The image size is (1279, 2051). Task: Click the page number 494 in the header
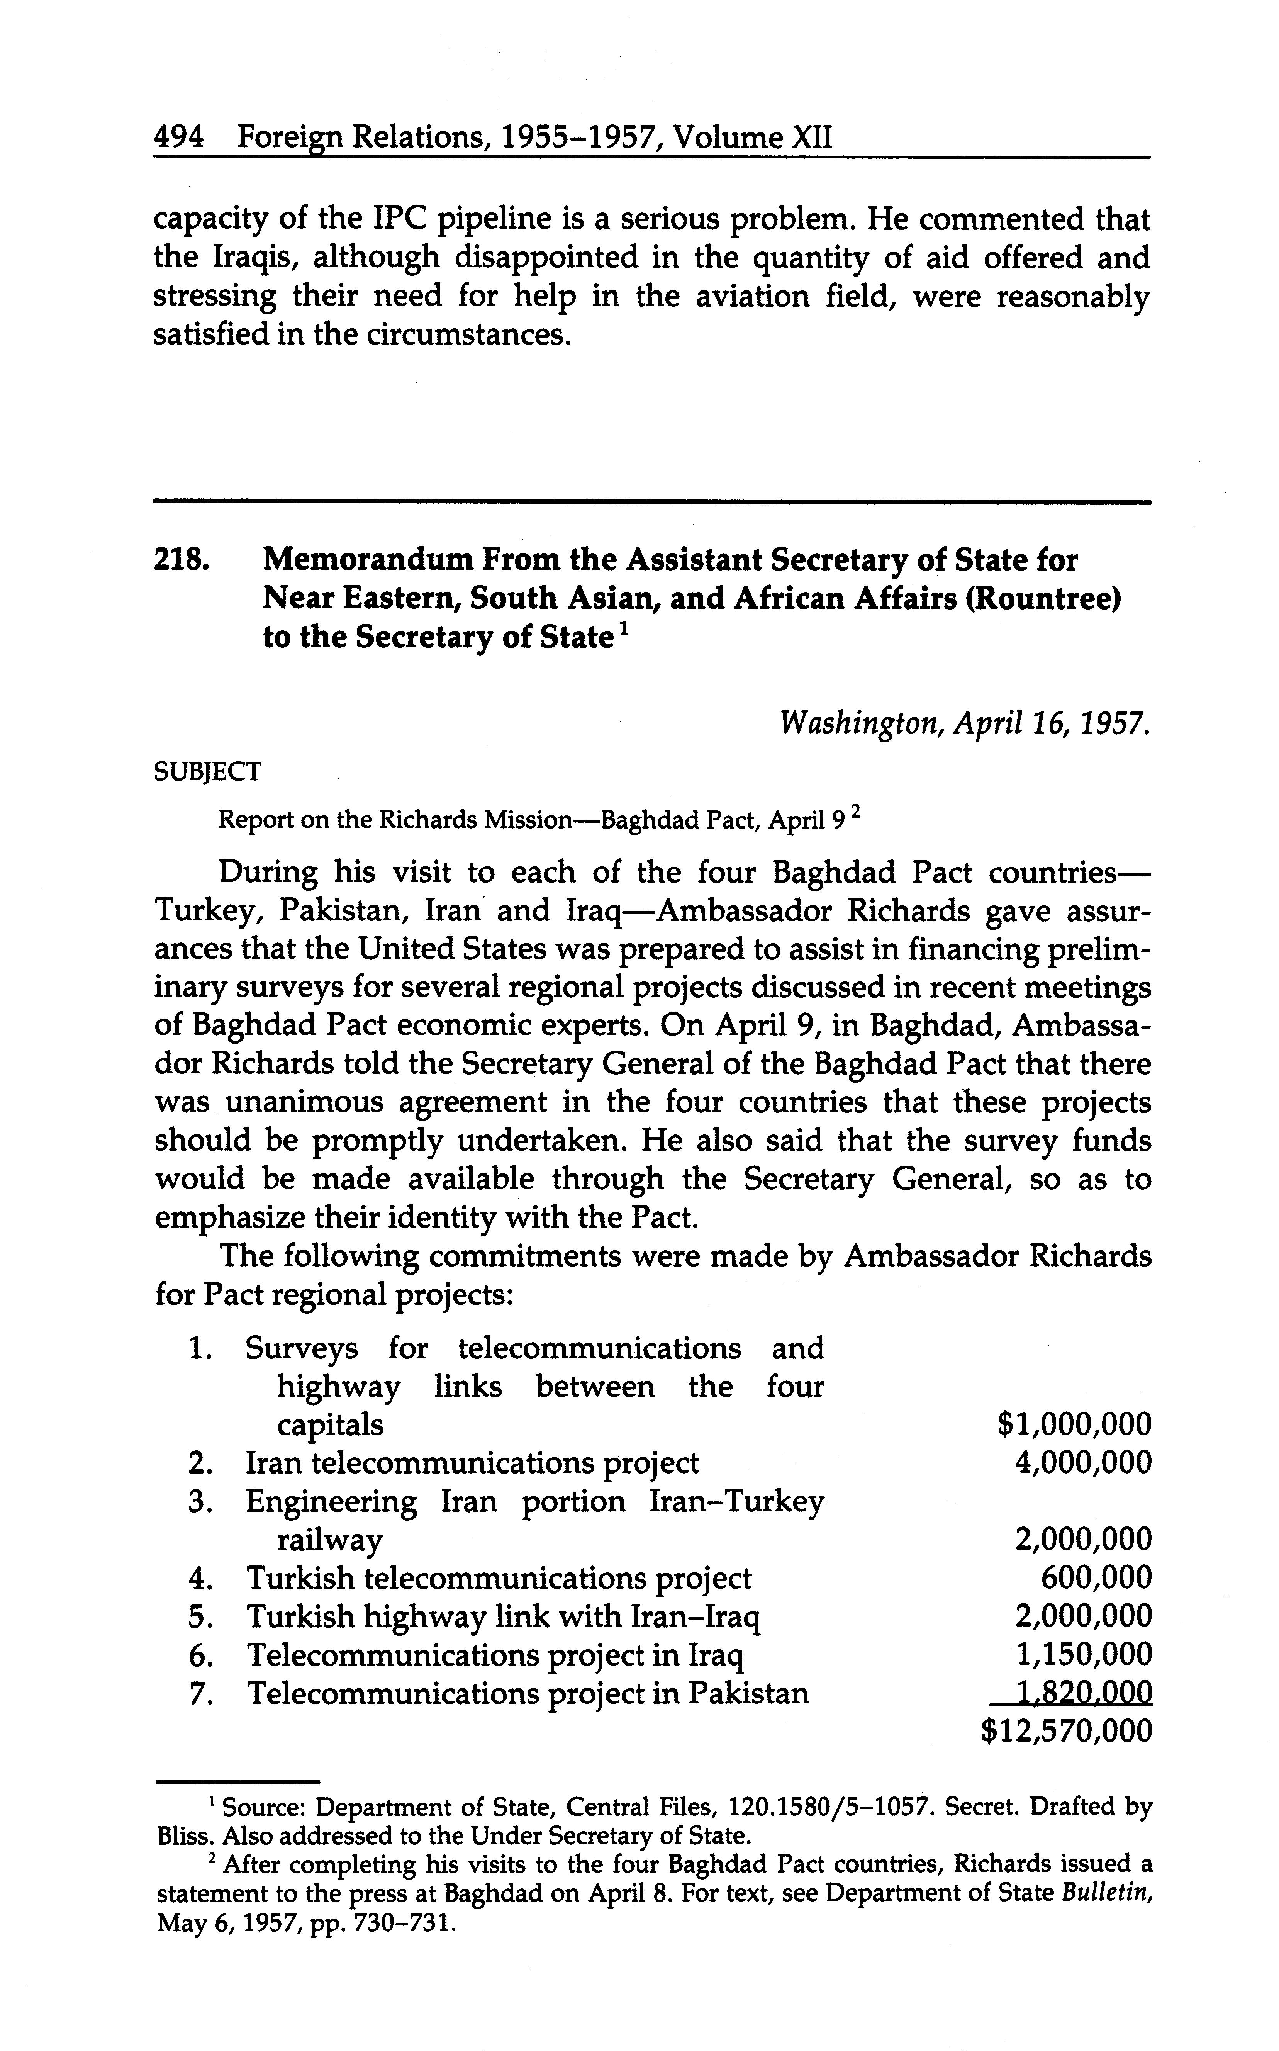[178, 136]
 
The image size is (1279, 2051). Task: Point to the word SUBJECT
[207, 772]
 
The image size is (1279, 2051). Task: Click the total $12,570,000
[1066, 1730]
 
